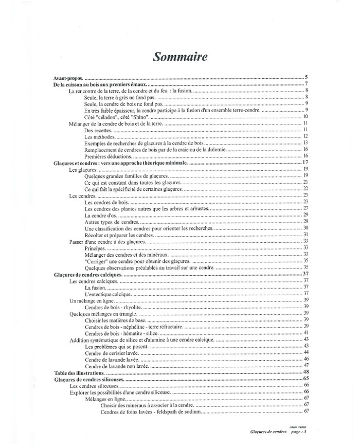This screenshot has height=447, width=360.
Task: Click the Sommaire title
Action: coord(180,56)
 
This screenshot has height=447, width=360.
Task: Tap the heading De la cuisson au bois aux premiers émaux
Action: coord(100,84)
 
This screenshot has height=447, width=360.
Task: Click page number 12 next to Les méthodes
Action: coord(305,136)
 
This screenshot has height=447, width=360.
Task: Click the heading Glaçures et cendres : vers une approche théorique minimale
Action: coord(121,163)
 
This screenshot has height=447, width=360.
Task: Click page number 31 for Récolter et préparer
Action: coord(305,235)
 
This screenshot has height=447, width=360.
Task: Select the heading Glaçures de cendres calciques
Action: coord(87,274)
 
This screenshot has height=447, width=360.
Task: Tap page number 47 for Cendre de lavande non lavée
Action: coord(305,365)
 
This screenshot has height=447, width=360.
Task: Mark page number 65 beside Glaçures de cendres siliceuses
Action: coord(305,379)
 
